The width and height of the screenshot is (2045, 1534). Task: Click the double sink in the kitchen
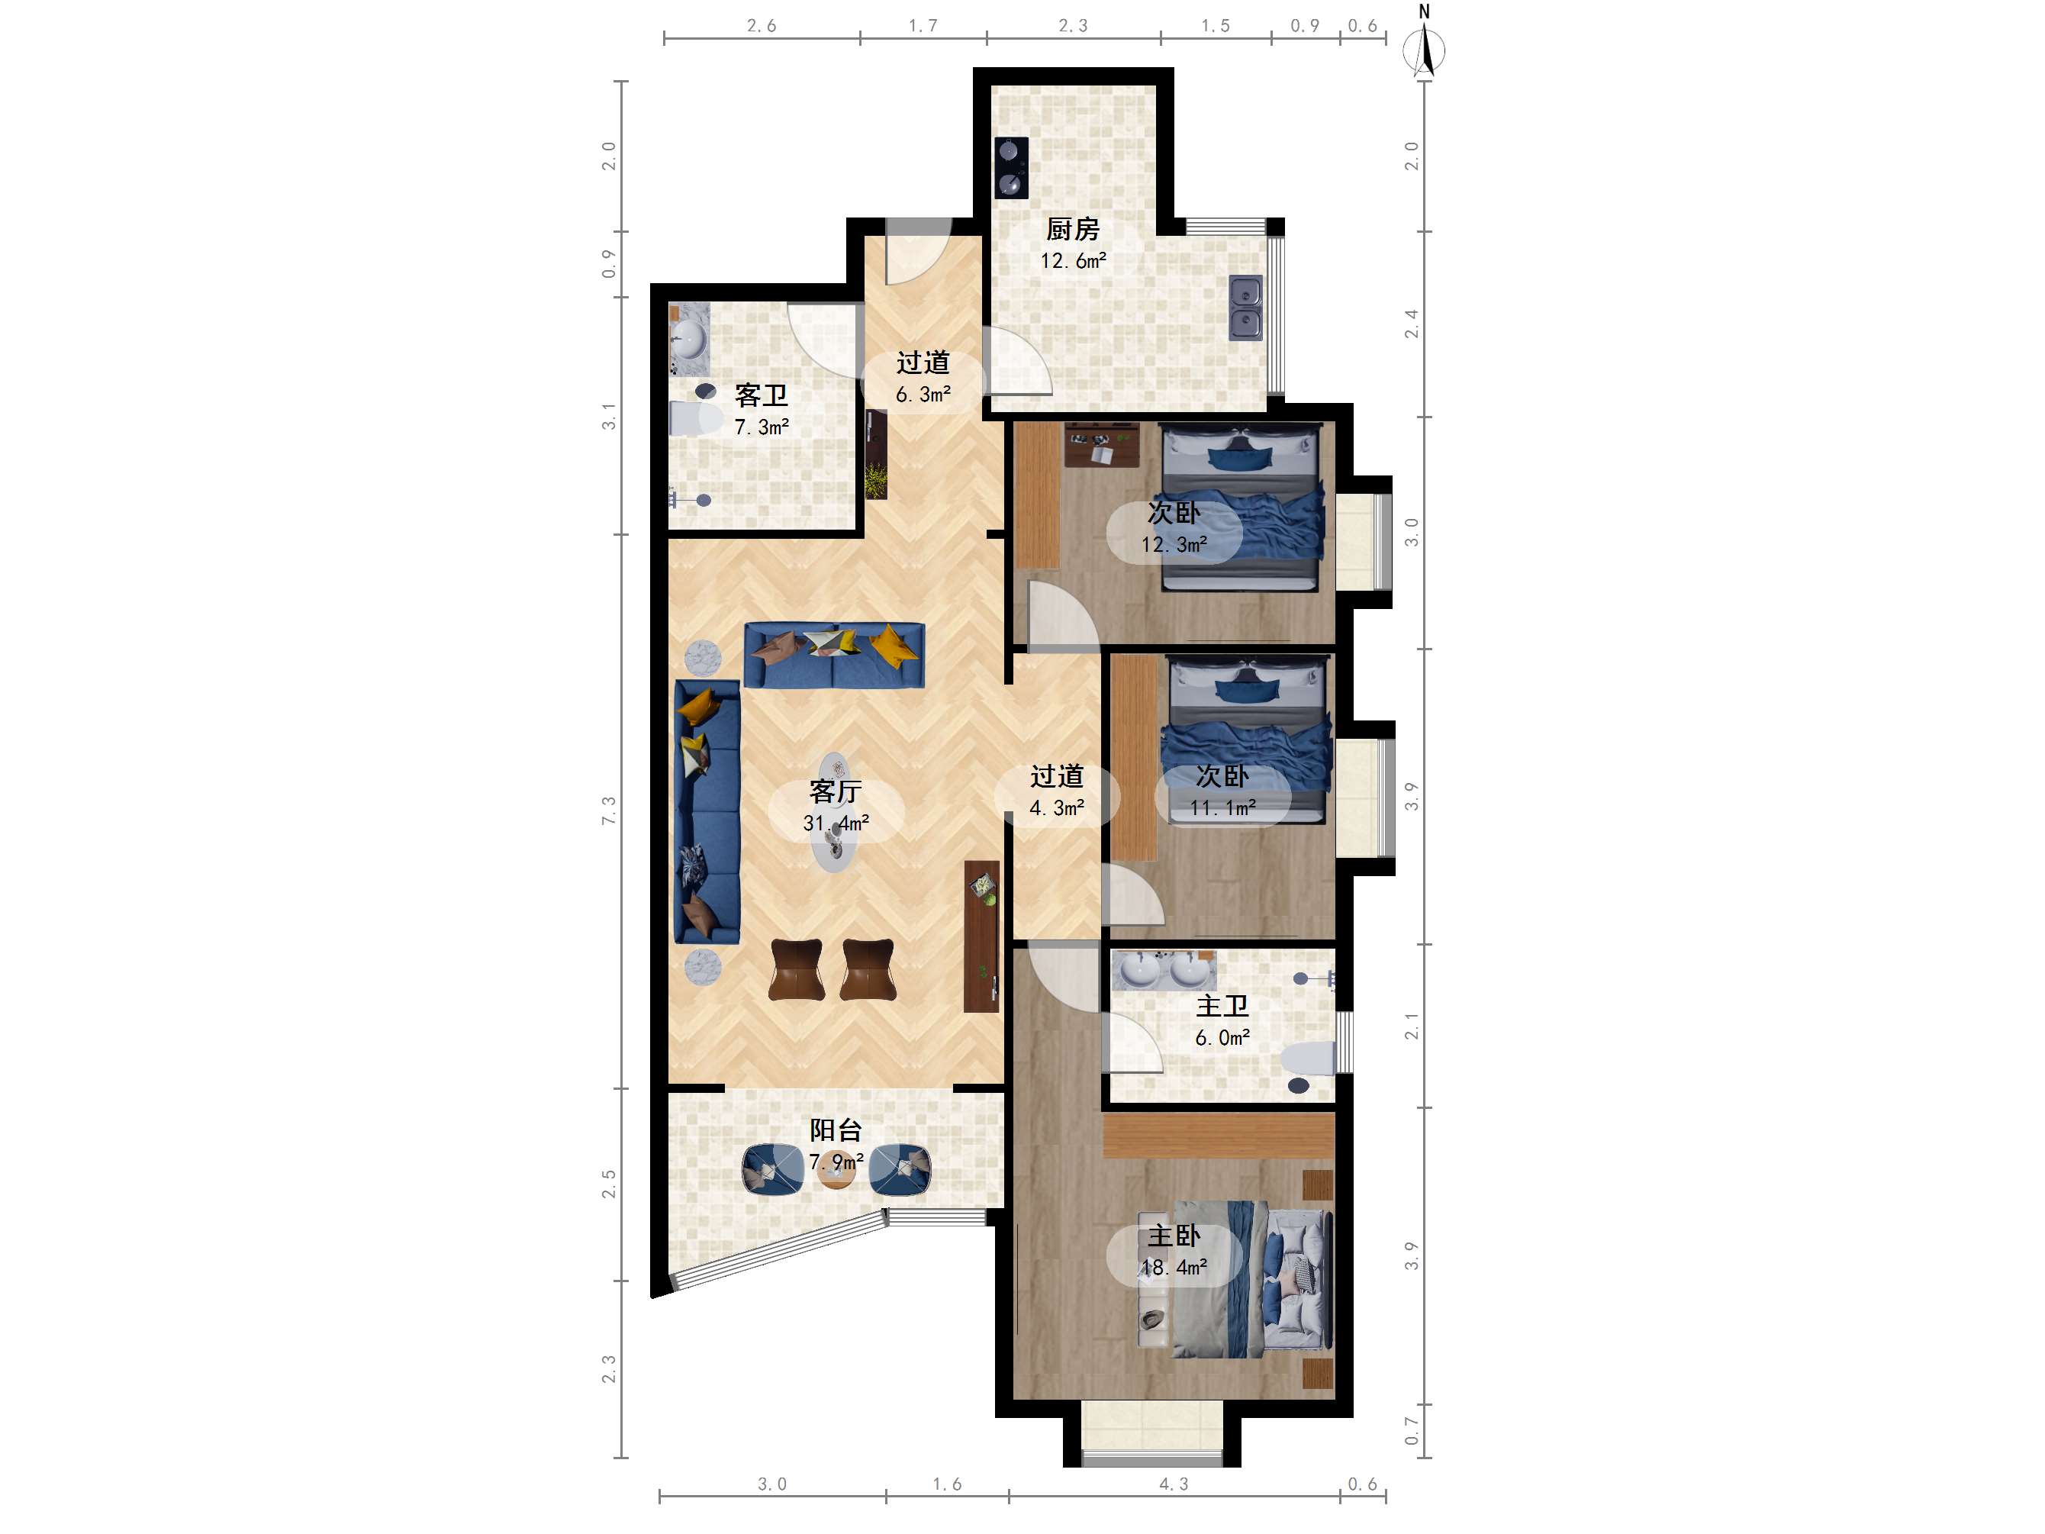pyautogui.click(x=1246, y=308)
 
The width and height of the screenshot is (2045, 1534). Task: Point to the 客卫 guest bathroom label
pyautogui.click(x=761, y=396)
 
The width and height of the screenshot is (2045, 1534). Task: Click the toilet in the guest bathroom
pyautogui.click(x=694, y=418)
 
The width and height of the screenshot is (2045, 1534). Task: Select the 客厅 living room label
pyautogui.click(x=835, y=791)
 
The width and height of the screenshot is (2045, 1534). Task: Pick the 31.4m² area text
pyautogui.click(x=836, y=823)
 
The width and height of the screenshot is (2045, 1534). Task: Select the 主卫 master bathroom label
pyautogui.click(x=1222, y=1006)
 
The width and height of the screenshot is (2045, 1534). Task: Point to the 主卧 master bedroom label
pyautogui.click(x=1174, y=1236)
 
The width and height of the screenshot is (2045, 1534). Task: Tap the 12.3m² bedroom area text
pyautogui.click(x=1174, y=545)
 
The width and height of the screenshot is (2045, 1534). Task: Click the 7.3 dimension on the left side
pyautogui.click(x=608, y=811)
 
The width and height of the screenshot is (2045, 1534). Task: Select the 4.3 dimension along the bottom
pyautogui.click(x=1174, y=1484)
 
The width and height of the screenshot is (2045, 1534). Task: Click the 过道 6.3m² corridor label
pyautogui.click(x=923, y=377)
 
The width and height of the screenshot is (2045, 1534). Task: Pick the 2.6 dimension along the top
pyautogui.click(x=762, y=26)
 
